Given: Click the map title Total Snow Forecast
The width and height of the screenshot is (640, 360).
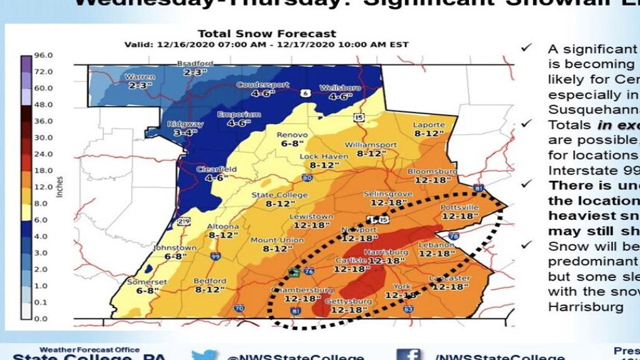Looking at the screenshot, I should pyautogui.click(x=267, y=33).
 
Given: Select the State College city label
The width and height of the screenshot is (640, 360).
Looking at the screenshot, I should pyautogui.click(x=271, y=195).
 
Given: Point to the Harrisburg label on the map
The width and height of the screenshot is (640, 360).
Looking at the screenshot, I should pyautogui.click(x=386, y=252).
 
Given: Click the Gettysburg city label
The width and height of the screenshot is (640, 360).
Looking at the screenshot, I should pyautogui.click(x=348, y=301).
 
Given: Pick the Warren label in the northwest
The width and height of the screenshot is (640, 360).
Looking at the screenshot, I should pyautogui.click(x=140, y=76).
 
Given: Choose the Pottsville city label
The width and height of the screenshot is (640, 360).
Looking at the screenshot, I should pyautogui.click(x=460, y=207).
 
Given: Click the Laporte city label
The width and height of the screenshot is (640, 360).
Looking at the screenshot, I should pyautogui.click(x=429, y=125).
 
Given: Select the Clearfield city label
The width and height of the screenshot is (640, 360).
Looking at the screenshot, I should pyautogui.click(x=216, y=169).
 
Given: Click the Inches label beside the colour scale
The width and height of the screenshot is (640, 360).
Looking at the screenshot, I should pyautogui.click(x=60, y=187).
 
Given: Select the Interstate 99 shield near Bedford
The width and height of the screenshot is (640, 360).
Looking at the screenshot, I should pyautogui.click(x=215, y=256).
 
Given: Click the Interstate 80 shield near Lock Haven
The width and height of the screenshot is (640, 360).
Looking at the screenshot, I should pyautogui.click(x=306, y=178).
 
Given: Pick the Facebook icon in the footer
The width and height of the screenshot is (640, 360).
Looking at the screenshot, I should pyautogui.click(x=409, y=354).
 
